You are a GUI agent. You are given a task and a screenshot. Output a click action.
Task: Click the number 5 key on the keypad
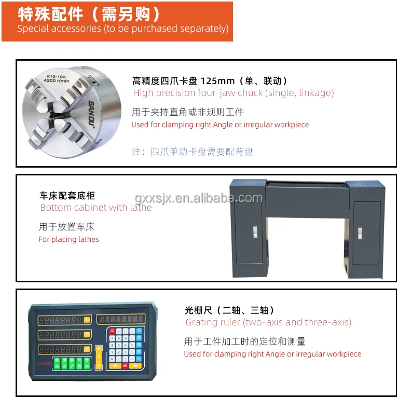pyautogui.click(x=118, y=345)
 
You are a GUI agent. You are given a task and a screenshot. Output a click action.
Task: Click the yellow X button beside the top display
pyautogui.click(x=87, y=320)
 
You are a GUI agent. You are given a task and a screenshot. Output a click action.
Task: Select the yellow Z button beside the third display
pyautogui.click(x=87, y=348)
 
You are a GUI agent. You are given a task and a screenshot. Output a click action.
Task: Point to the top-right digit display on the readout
pyautogui.click(x=121, y=318)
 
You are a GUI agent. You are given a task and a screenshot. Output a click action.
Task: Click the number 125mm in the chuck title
pyautogui.click(x=215, y=81)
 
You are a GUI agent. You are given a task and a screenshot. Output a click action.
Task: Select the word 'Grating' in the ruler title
pyautogui.click(x=201, y=322)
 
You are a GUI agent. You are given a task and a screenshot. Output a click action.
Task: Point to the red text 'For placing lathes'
pyautogui.click(x=69, y=239)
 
